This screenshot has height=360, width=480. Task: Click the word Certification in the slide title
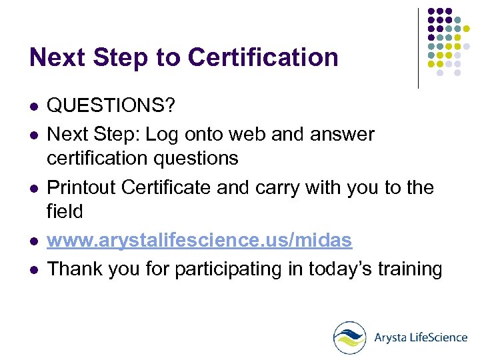tap(263, 57)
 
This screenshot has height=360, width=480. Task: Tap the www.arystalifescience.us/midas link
tap(199, 241)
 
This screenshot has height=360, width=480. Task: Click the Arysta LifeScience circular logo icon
tap(350, 337)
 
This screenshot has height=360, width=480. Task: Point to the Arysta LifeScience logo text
tap(420, 337)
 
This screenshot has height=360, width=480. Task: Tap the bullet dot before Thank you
tap(34, 269)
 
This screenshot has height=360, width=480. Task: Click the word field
tap(65, 212)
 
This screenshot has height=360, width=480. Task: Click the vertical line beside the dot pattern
tap(418, 48)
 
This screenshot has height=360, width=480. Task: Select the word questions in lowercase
tap(197, 159)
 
